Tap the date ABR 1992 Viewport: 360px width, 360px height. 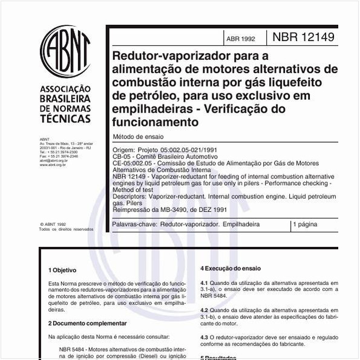click(x=240, y=39)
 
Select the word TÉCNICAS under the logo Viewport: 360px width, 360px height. click(x=64, y=120)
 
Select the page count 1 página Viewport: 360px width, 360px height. click(x=305, y=224)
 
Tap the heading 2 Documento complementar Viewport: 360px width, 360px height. click(x=87, y=324)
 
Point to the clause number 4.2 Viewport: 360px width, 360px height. click(x=205, y=310)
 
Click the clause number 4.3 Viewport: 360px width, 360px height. click(x=205, y=337)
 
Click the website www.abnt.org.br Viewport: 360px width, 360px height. click(x=53, y=165)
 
